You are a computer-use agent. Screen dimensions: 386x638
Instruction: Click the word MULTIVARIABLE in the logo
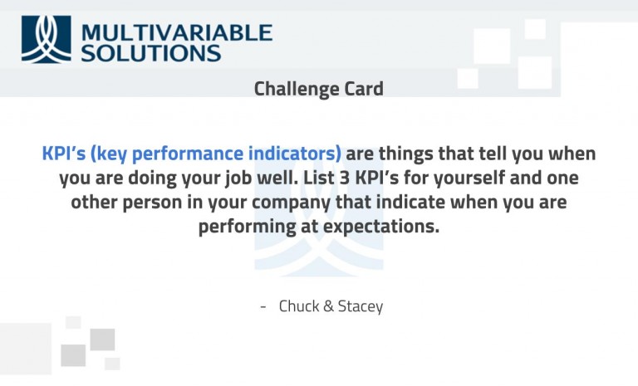pos(177,32)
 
